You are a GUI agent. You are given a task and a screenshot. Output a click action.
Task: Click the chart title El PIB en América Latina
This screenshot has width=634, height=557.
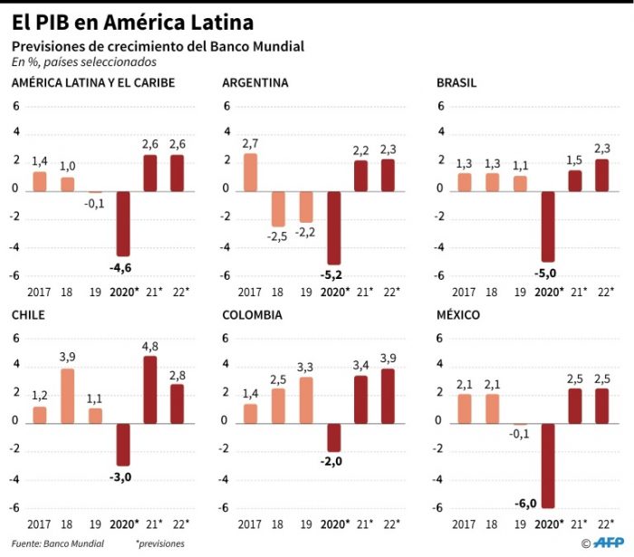click(132, 21)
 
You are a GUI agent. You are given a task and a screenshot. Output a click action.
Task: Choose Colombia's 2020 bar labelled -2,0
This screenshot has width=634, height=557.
click(334, 437)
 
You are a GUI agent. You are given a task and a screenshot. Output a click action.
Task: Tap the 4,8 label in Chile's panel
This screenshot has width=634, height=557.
click(149, 345)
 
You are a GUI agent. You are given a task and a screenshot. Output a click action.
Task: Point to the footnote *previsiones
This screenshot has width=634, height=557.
click(160, 543)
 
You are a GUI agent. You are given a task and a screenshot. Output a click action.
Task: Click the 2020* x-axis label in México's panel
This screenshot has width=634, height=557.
click(548, 523)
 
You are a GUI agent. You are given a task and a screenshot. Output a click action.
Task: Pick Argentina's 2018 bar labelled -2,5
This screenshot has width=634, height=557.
click(278, 207)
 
